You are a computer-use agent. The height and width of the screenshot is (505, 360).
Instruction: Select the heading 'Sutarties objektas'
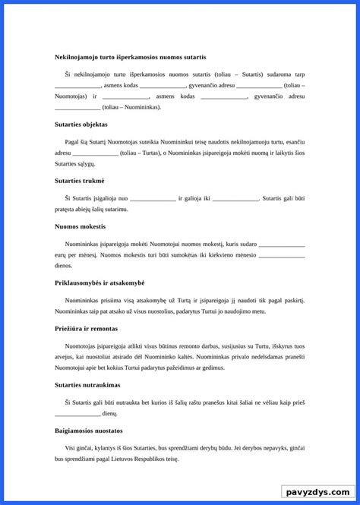[x=81, y=124]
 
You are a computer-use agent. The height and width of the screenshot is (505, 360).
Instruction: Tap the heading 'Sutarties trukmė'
[x=80, y=180]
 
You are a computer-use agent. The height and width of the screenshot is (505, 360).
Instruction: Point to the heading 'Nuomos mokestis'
[x=80, y=226]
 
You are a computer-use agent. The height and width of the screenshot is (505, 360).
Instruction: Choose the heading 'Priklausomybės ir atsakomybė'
[x=99, y=282]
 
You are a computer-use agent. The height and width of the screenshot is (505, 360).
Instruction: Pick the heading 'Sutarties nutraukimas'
[x=86, y=385]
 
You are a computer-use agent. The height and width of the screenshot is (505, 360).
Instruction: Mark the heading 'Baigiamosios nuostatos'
[x=89, y=431]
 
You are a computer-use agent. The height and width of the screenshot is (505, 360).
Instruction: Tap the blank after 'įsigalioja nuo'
[x=153, y=198]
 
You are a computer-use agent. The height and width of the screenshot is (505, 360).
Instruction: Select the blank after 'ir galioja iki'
[x=235, y=198]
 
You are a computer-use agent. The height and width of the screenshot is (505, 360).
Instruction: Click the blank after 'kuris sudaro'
[x=282, y=245]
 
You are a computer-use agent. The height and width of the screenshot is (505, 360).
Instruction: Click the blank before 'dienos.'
[x=282, y=255]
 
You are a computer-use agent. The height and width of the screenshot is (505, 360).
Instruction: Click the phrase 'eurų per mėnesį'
[x=75, y=255]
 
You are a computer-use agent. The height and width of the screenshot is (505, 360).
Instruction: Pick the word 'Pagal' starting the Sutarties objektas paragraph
[x=74, y=141]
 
